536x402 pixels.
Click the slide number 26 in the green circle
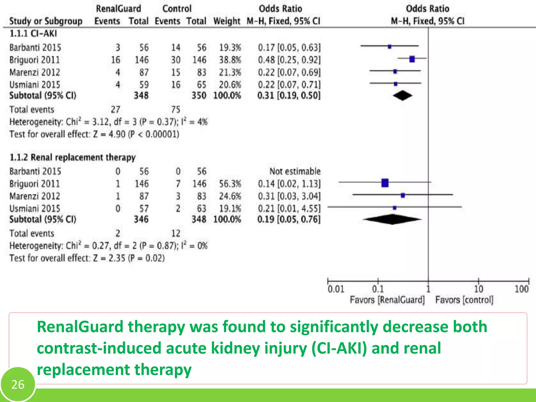pyautogui.click(x=18, y=384)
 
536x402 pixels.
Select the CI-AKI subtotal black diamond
pyautogui.click(x=402, y=96)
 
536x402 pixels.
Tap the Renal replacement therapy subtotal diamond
pyautogui.click(x=392, y=219)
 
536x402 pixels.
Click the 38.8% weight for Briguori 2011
pyautogui.click(x=230, y=60)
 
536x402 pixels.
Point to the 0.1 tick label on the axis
pyautogui.click(x=378, y=289)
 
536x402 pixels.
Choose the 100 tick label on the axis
pyautogui.click(x=521, y=289)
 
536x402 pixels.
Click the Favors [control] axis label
pyautogui.click(x=464, y=300)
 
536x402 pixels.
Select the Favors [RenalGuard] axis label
pyautogui.click(x=387, y=300)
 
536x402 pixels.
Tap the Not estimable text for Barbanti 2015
pyautogui.click(x=295, y=171)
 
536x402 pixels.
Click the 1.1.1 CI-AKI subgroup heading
pyautogui.click(x=33, y=33)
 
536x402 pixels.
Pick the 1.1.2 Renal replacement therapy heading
pyautogui.click(x=72, y=157)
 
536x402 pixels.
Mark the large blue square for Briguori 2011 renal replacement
pyautogui.click(x=385, y=183)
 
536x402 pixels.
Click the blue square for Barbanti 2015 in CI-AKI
pyautogui.click(x=389, y=47)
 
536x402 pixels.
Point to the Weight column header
pyautogui.click(x=227, y=21)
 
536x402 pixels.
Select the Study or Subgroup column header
pyautogui.click(x=46, y=21)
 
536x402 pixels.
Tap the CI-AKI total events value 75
pyautogui.click(x=176, y=109)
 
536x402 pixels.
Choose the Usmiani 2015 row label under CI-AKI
pyautogui.click(x=35, y=85)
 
